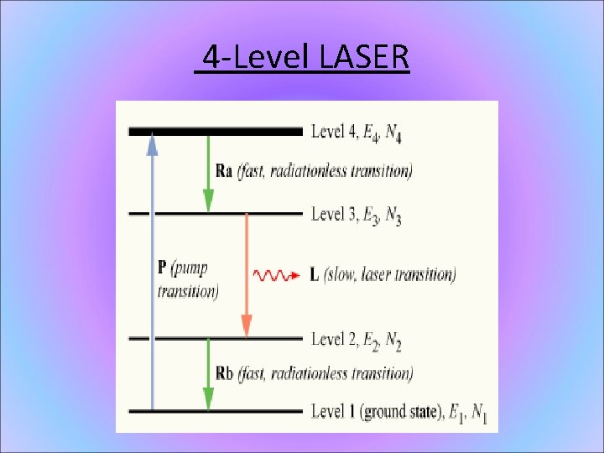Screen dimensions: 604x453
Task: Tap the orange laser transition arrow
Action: click(247, 277)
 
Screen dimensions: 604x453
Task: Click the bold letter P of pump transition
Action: click(162, 268)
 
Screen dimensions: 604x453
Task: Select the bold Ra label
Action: click(224, 171)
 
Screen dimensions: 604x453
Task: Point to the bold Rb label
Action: click(224, 372)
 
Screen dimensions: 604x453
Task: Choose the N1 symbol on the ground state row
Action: click(479, 413)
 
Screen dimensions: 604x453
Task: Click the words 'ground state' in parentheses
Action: click(389, 412)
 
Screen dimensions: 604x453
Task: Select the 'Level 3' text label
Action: click(334, 214)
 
